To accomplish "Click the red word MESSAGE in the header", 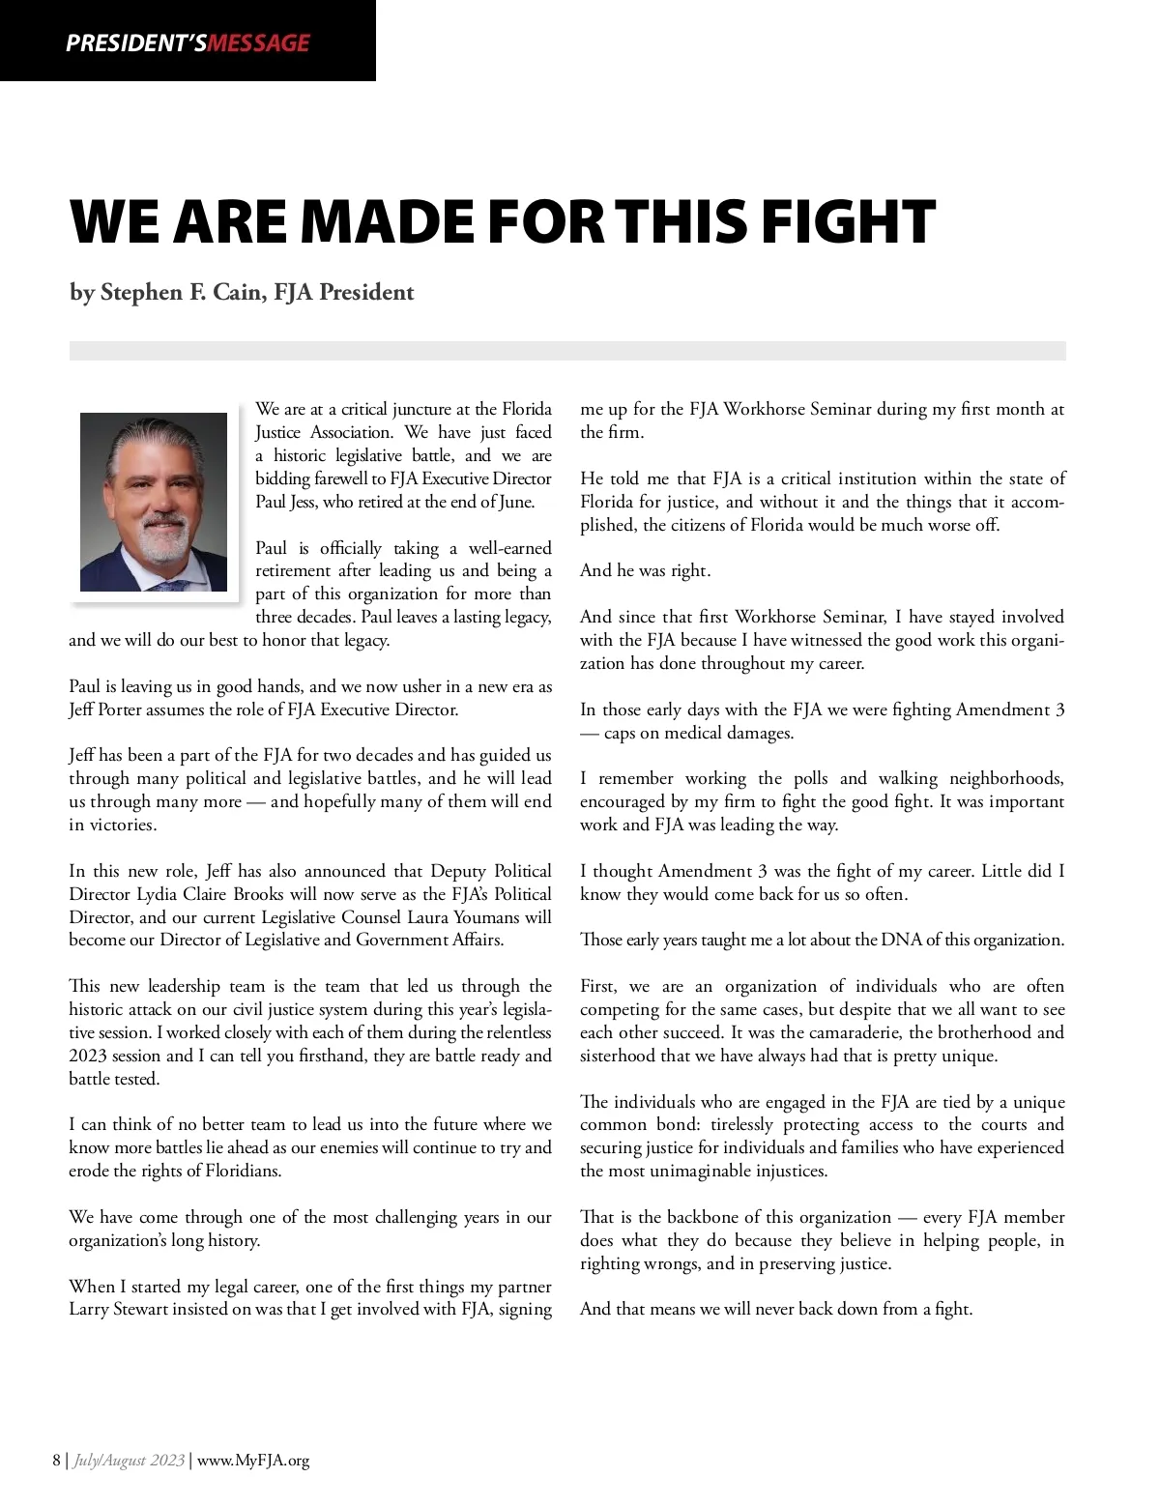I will pos(258,43).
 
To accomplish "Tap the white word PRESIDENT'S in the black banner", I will pos(135,43).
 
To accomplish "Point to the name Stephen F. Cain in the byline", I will pos(182,292).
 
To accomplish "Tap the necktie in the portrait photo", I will pos(169,585).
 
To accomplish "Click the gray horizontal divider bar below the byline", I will pos(567,351).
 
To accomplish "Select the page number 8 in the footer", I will pos(57,1460).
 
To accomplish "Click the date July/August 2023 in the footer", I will pos(129,1460).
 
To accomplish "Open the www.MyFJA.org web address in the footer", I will pos(253,1460).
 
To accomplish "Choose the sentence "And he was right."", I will pos(645,570).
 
